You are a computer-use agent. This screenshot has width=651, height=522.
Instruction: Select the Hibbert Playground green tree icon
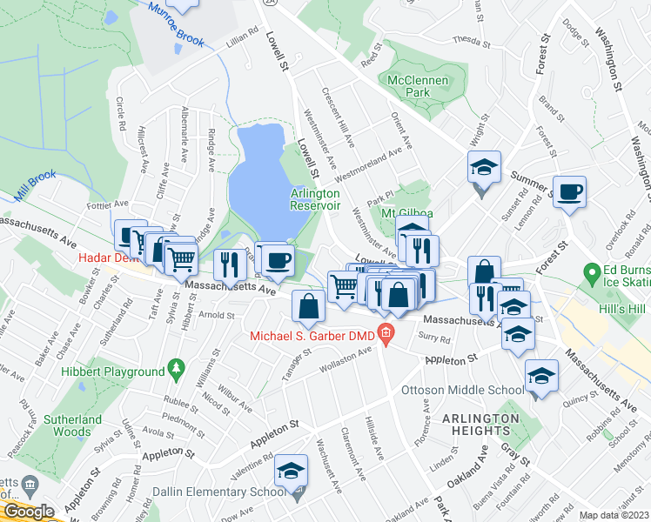[x=178, y=370]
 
